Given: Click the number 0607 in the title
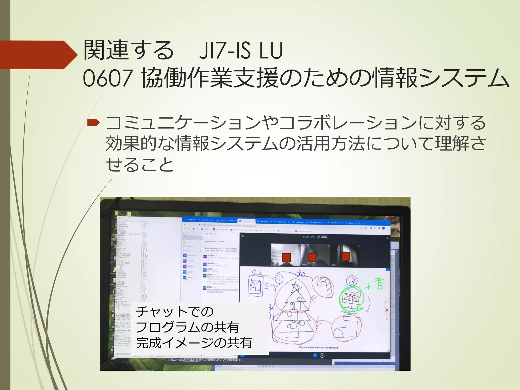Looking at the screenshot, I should point(108,78).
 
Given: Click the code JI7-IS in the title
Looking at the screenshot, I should point(224,51).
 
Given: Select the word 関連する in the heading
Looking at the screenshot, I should point(128,51).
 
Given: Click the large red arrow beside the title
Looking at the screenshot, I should point(38,55).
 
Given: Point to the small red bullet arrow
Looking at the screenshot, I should point(93,123).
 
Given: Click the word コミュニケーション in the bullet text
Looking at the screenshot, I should point(183,123).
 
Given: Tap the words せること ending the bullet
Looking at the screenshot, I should point(140,165).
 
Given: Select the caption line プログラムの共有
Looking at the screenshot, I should point(187,327).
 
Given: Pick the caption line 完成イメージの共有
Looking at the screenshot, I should point(194,343).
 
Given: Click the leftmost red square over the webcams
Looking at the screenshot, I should point(286,257).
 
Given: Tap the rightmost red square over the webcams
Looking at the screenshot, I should point(346,256).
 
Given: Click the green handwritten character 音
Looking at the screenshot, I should point(380,284).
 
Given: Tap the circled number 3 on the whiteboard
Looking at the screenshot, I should point(352,281).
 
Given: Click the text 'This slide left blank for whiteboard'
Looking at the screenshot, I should point(318,348).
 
